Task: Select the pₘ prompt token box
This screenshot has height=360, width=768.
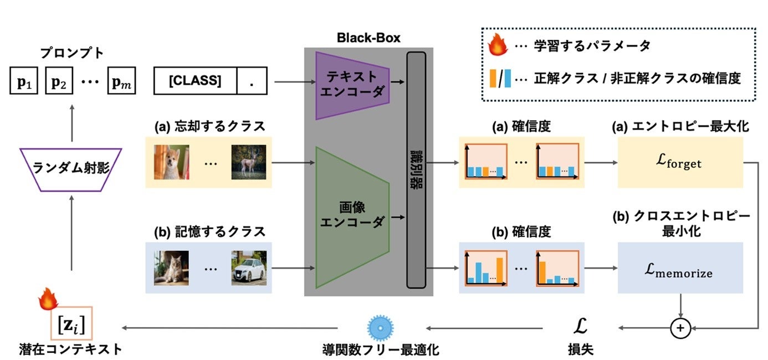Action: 122,83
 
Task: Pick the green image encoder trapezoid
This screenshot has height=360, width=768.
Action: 351,217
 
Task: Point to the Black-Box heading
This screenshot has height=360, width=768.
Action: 368,38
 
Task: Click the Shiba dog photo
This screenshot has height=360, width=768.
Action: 171,162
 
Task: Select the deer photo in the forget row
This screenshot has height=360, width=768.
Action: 245,162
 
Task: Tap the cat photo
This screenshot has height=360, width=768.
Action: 171,268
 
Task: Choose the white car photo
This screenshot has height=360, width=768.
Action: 249,268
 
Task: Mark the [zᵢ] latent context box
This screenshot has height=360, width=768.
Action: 71,323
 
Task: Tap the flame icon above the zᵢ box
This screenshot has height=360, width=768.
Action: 48,300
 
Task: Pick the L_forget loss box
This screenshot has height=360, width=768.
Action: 680,163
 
